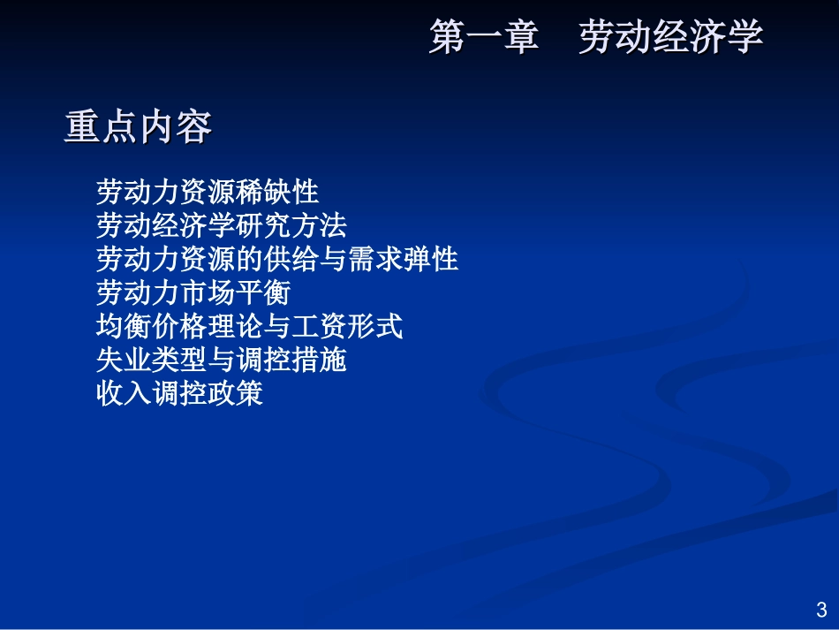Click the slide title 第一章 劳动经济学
click(596, 39)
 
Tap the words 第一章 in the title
click(484, 39)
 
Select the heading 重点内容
click(139, 128)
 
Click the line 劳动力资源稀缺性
click(208, 192)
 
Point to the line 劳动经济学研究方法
click(222, 225)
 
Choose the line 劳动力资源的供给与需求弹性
click(277, 260)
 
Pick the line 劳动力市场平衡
click(193, 293)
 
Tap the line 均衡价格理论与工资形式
click(249, 327)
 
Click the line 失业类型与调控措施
click(222, 361)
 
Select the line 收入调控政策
click(180, 394)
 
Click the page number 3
click(821, 610)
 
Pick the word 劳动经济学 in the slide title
click(671, 39)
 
